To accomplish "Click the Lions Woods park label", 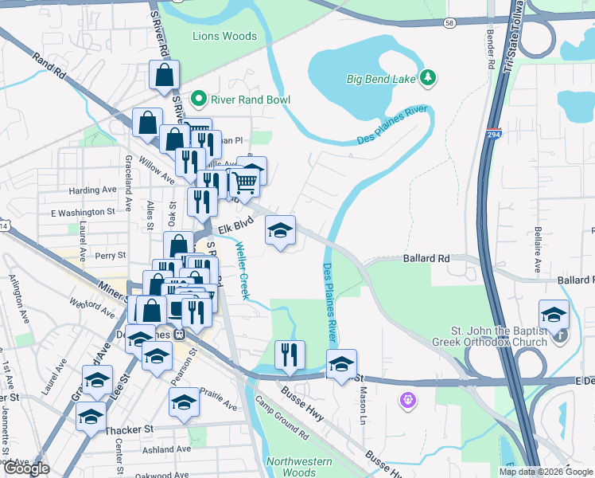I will (x=225, y=36).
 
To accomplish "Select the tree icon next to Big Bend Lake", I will (x=429, y=77).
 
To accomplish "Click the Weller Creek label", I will (x=242, y=271).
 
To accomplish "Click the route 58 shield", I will (x=449, y=24).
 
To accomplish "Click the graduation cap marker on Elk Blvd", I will (x=280, y=231).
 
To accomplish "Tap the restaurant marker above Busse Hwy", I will (x=290, y=354).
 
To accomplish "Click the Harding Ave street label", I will (x=92, y=190).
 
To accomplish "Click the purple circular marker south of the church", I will (x=409, y=398).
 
